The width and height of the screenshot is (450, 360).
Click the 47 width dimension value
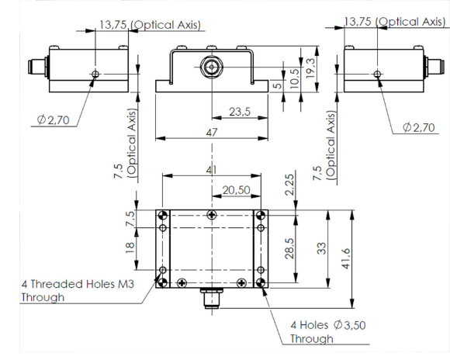click(212, 133)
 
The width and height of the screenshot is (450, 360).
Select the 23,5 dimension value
click(240, 112)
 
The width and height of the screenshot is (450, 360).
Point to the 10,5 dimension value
click(295, 78)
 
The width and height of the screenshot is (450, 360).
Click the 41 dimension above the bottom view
click(212, 170)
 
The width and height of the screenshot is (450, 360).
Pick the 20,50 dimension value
click(236, 190)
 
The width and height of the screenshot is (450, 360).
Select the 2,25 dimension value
click(289, 185)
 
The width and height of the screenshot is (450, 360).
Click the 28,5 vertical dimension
click(289, 248)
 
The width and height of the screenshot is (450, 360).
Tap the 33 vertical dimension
click(321, 248)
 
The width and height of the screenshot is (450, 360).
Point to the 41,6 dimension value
click(346, 258)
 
